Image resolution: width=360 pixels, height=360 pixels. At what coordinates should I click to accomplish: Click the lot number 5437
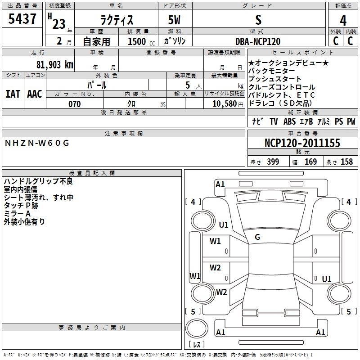[22, 19]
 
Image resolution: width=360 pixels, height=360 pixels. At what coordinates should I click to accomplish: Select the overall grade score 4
[343, 21]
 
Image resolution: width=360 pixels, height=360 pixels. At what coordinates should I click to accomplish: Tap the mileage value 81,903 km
[55, 65]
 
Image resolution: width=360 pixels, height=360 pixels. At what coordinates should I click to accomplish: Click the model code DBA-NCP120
[258, 41]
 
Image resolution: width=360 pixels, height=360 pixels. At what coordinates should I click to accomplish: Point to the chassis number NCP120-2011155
[302, 143]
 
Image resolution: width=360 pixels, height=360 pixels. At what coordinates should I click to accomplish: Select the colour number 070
[75, 104]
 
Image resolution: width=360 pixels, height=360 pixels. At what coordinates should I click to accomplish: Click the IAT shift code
[13, 94]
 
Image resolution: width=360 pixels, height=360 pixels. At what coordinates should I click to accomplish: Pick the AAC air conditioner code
[35, 94]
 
